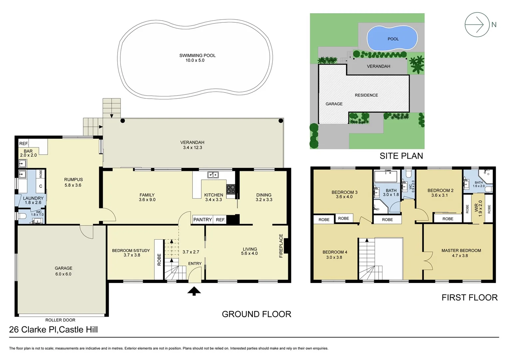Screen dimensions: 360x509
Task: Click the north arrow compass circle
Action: (x=477, y=24)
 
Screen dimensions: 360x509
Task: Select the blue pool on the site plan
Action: (x=392, y=38)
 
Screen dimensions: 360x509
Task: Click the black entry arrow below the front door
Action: (x=194, y=291)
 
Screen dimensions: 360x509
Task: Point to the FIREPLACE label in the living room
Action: (x=281, y=246)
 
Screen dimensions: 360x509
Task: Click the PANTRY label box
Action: (x=203, y=219)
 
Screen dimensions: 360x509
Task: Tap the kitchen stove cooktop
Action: (x=231, y=189)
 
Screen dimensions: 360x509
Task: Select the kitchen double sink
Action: (x=213, y=175)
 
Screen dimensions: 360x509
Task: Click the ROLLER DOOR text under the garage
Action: (x=60, y=320)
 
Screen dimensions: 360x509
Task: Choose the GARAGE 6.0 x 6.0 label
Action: (x=63, y=271)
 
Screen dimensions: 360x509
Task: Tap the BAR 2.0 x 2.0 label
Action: (x=28, y=153)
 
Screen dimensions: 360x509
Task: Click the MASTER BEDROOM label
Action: (x=461, y=253)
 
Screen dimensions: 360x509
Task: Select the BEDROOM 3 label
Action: (x=344, y=194)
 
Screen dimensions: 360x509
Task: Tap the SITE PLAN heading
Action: (x=401, y=156)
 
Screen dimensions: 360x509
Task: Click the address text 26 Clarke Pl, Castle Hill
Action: (x=53, y=330)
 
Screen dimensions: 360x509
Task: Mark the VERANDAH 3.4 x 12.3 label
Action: (x=192, y=145)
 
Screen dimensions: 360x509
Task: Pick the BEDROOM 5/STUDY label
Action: (x=131, y=253)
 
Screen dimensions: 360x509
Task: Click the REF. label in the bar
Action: (x=24, y=143)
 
